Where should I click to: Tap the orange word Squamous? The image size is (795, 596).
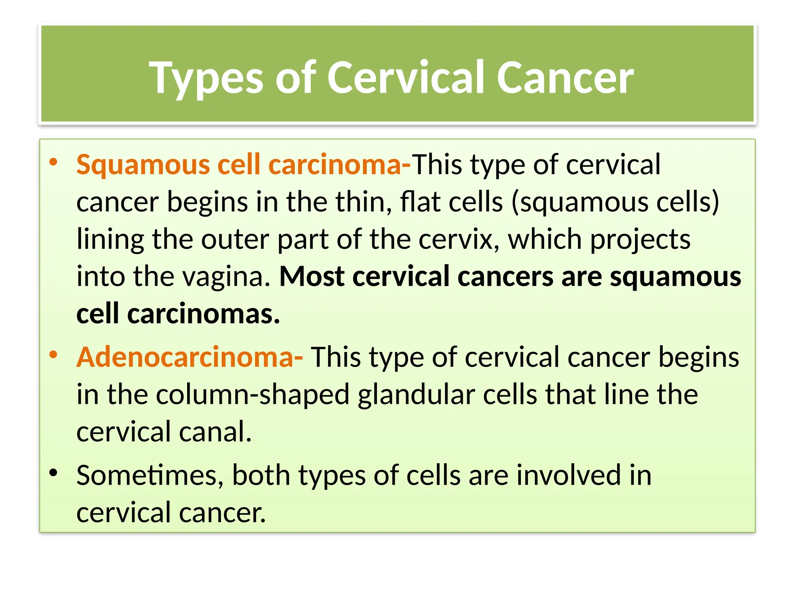(143, 165)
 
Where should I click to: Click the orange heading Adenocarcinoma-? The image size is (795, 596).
(190, 357)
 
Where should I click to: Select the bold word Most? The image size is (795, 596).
(312, 277)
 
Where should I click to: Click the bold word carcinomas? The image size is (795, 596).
(203, 314)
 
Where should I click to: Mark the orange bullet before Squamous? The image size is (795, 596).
(54, 162)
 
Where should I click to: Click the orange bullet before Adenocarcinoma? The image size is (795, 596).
(54, 354)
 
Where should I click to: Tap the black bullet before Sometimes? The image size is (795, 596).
(54, 472)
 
